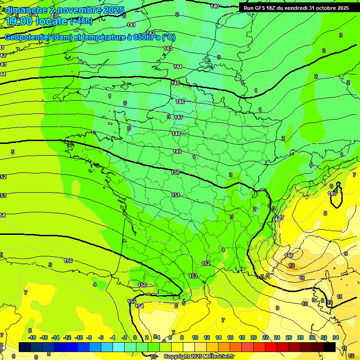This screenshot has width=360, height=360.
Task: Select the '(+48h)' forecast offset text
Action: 81,21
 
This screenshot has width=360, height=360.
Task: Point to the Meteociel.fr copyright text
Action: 199,356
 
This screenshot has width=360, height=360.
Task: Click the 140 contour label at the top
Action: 215,6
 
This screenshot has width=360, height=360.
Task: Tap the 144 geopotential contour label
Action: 178,67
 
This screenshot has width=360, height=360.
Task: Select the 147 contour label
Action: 178,117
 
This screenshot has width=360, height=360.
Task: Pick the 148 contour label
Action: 176,134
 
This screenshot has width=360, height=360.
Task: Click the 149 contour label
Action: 177,151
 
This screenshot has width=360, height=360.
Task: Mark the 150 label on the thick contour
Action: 175,172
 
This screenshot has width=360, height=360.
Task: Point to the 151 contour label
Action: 176,195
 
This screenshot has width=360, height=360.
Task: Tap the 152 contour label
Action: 206,263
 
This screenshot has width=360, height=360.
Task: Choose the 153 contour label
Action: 193,276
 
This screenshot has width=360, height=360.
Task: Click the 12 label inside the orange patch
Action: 292,265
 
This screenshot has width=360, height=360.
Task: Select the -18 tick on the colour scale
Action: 32,337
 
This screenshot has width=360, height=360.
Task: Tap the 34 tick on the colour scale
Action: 336,337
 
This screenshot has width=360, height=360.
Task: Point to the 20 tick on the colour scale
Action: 253,337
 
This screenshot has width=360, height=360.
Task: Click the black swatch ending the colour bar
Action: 330,347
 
